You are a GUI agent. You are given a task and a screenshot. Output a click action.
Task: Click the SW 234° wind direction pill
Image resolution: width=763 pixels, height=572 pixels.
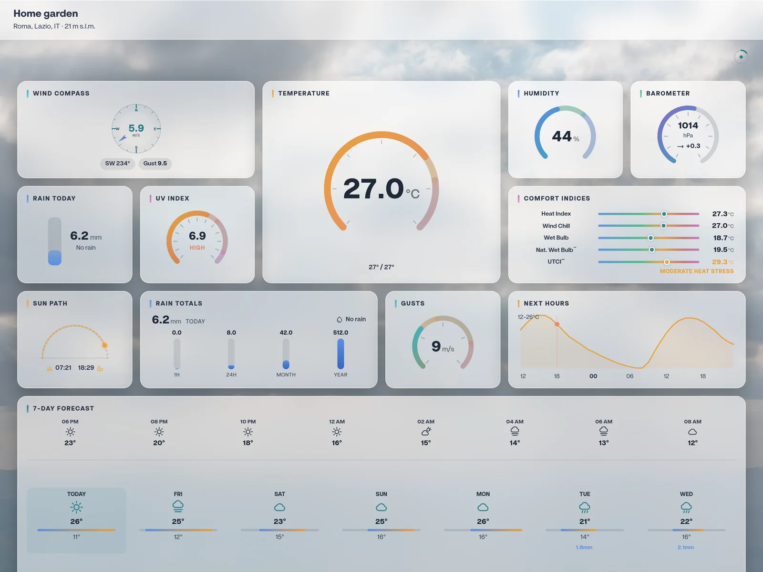pos(117,164)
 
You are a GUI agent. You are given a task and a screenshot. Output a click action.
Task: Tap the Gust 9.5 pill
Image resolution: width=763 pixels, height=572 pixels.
pos(155,164)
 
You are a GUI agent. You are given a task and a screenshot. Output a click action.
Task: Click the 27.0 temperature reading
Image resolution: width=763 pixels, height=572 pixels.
pos(373,188)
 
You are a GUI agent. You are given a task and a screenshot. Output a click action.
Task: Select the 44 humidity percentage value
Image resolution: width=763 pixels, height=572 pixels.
pos(562,136)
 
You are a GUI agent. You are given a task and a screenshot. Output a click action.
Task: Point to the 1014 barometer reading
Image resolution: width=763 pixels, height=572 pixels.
pos(688,125)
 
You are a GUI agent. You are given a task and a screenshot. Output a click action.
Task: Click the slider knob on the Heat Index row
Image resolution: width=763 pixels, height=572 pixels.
pos(664,214)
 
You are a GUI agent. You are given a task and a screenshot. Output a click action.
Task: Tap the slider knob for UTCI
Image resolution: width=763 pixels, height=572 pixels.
pos(667,262)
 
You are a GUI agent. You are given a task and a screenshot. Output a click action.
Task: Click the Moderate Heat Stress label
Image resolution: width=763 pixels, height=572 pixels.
pos(697,271)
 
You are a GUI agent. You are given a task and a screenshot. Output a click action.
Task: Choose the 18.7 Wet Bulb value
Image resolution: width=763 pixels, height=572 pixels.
pos(720,238)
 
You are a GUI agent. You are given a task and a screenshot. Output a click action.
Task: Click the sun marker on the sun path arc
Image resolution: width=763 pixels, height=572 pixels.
pos(104,345)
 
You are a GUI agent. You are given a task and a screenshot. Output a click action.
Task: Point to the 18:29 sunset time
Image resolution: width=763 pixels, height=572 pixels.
pos(86,367)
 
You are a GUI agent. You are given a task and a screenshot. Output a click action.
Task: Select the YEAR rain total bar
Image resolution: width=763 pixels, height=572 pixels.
pos(340,354)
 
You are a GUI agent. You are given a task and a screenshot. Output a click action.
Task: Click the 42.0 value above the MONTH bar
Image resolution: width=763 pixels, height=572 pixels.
pos(286,333)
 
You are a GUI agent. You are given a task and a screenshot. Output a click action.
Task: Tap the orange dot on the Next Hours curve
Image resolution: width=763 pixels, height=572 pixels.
pos(557,324)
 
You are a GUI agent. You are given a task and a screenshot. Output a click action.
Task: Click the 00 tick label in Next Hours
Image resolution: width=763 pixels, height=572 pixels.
pos(593,376)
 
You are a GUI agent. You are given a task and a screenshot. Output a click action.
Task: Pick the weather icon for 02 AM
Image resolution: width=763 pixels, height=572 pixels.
pos(426,432)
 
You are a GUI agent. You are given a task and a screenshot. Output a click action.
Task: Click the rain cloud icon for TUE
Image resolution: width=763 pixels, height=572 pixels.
pos(585,508)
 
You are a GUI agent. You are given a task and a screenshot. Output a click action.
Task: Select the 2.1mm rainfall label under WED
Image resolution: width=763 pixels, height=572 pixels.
pos(685,547)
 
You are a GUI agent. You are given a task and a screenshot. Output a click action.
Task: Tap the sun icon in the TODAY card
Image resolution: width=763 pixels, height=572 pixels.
pos(76,507)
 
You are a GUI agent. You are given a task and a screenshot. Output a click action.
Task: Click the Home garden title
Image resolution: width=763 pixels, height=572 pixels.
pos(45,13)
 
